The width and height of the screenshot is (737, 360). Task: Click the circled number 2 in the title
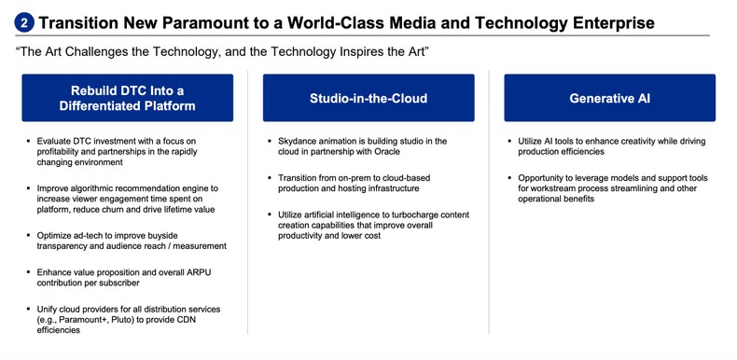pyautogui.click(x=24, y=22)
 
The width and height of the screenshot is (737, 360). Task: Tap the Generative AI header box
pyautogui.click(x=609, y=98)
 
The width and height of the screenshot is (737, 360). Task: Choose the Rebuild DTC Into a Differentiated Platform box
pyautogui.click(x=127, y=98)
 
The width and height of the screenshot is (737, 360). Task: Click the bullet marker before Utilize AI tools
pyautogui.click(x=511, y=141)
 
